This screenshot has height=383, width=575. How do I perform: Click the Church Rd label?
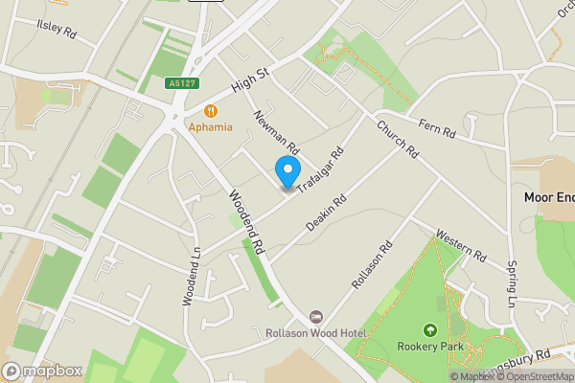(x=398, y=139)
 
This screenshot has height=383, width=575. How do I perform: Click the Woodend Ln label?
(x=190, y=277)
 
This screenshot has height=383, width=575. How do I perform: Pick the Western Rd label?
(x=462, y=244)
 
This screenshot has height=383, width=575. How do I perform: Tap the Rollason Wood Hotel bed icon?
(x=317, y=317)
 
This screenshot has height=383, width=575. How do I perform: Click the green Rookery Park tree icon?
(x=429, y=330)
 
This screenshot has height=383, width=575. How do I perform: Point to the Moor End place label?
(x=548, y=197)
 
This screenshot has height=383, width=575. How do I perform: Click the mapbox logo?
(x=41, y=371)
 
